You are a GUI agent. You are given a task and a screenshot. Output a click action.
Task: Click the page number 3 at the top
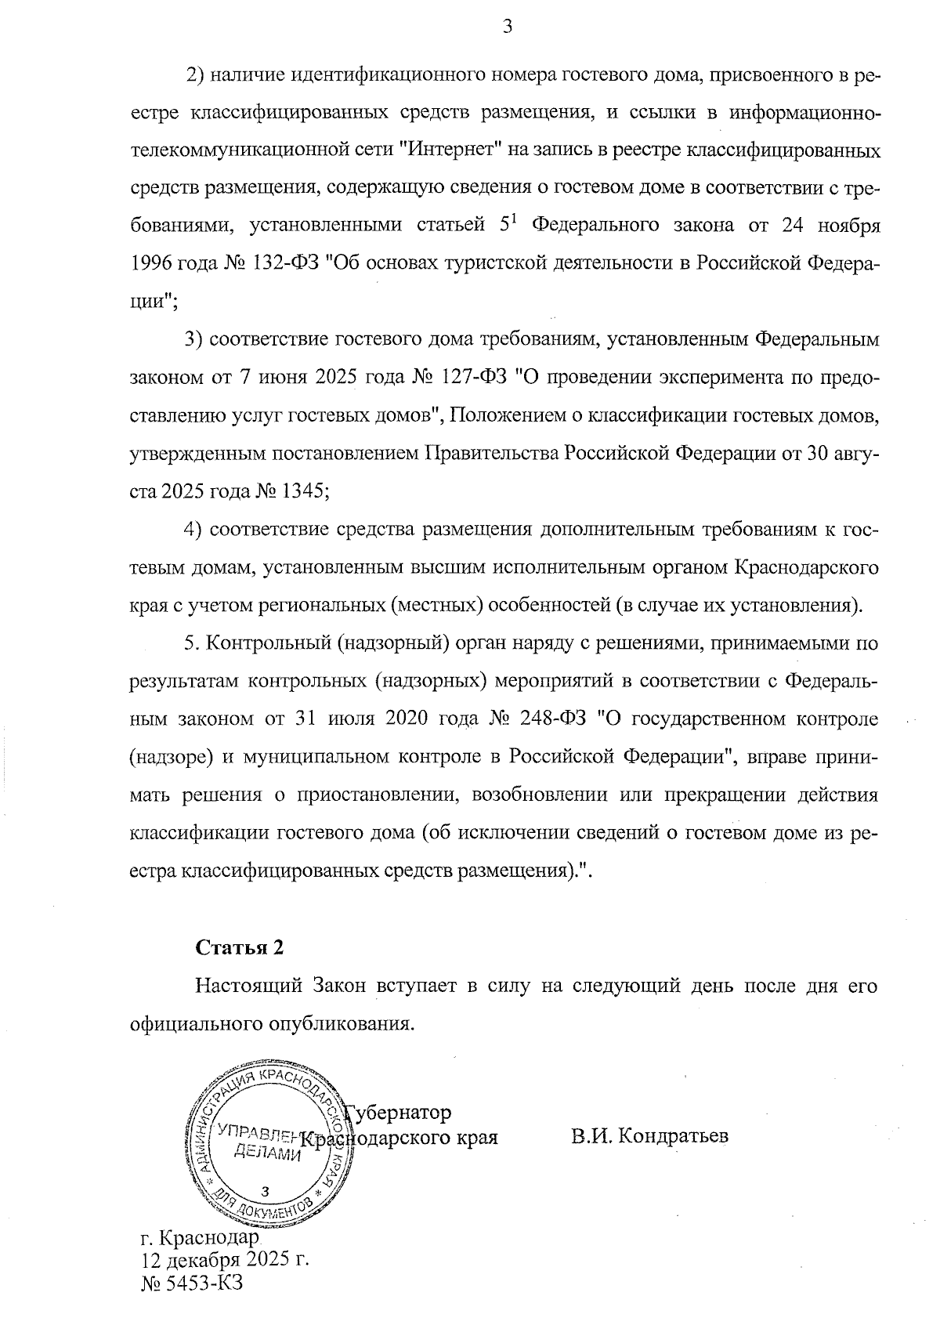508,27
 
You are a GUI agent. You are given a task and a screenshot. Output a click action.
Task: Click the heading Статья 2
239,947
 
